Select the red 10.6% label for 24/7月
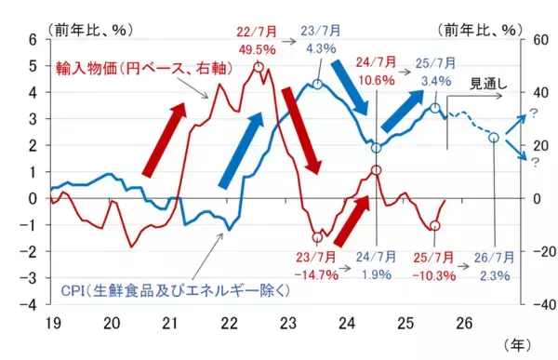point(374,80)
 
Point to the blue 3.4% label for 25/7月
point(436,80)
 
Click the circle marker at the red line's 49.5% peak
point(258,67)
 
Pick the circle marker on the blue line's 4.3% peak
point(318,85)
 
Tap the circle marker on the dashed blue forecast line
point(493,138)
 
